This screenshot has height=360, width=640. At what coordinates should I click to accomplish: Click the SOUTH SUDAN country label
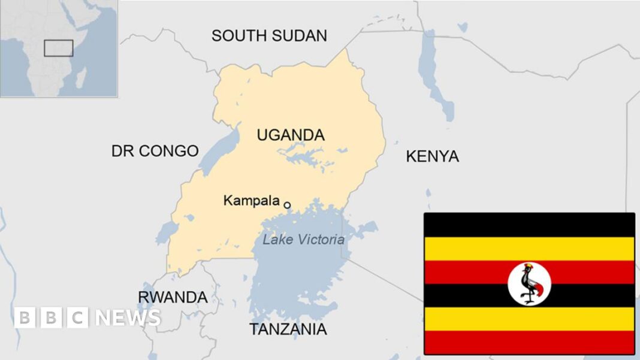point(269,35)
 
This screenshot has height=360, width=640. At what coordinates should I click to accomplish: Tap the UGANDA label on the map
point(291,135)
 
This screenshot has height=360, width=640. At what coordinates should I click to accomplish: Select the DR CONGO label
point(155,151)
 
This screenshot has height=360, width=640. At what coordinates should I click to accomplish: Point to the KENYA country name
point(432,156)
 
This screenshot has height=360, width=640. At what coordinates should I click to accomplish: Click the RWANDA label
point(173,297)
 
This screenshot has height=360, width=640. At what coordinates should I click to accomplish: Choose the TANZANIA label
point(288,329)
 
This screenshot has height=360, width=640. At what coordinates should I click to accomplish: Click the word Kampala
point(251,201)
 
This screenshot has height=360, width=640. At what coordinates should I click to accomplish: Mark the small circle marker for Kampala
point(287,205)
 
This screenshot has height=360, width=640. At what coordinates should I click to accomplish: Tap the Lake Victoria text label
point(304,240)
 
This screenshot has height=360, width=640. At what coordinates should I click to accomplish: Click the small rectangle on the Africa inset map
point(58,49)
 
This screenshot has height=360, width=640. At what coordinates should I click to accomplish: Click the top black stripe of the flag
point(529,225)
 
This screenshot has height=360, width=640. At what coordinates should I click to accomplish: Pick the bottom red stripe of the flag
point(529,342)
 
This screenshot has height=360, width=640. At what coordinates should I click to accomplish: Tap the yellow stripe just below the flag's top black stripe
point(529,249)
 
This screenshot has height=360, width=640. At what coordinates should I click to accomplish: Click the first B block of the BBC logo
point(25,317)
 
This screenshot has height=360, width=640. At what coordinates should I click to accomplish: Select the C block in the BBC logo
point(78,317)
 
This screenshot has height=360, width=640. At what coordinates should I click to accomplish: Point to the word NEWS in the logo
point(128,317)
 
